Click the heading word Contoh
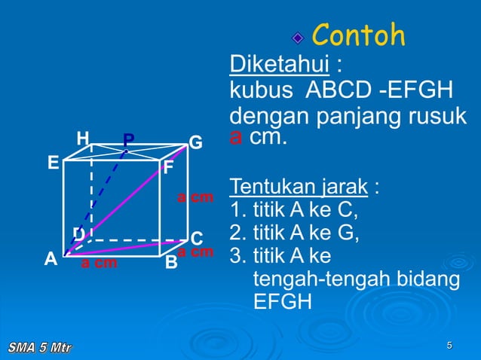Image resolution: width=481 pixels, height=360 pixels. tap(358, 35)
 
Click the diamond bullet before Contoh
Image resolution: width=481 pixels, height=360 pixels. tap(299, 37)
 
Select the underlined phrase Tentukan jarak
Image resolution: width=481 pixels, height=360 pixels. tap(299, 186)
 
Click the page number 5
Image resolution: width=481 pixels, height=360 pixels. tap(449, 346)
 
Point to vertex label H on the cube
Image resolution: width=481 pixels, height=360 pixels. tap(83, 139)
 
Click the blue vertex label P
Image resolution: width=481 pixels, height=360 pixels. tap(129, 141)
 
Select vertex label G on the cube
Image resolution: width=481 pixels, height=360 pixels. tap(195, 142)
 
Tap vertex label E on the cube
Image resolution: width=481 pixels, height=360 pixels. tap(53, 163)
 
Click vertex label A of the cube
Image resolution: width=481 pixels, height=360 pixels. tap(51, 259)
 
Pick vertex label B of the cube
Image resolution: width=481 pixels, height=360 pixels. tap(171, 263)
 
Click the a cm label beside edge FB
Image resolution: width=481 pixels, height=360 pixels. tap(195, 198)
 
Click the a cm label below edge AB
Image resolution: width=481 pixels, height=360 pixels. tap(100, 264)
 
